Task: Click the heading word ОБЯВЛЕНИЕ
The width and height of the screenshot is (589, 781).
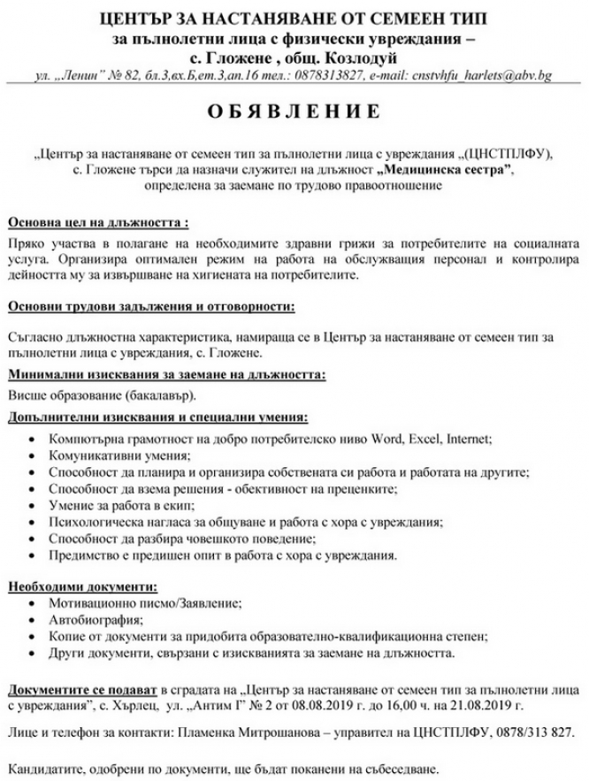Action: (294, 112)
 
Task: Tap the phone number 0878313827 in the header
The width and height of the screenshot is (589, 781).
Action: (325, 76)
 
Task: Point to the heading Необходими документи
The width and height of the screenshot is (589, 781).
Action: (83, 586)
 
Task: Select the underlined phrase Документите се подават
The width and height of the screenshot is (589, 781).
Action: (82, 689)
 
